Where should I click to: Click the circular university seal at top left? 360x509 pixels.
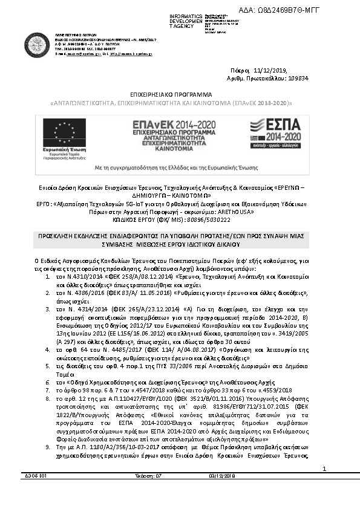38,44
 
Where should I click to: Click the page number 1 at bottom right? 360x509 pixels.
324,485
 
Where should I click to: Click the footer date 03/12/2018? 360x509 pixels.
223,493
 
